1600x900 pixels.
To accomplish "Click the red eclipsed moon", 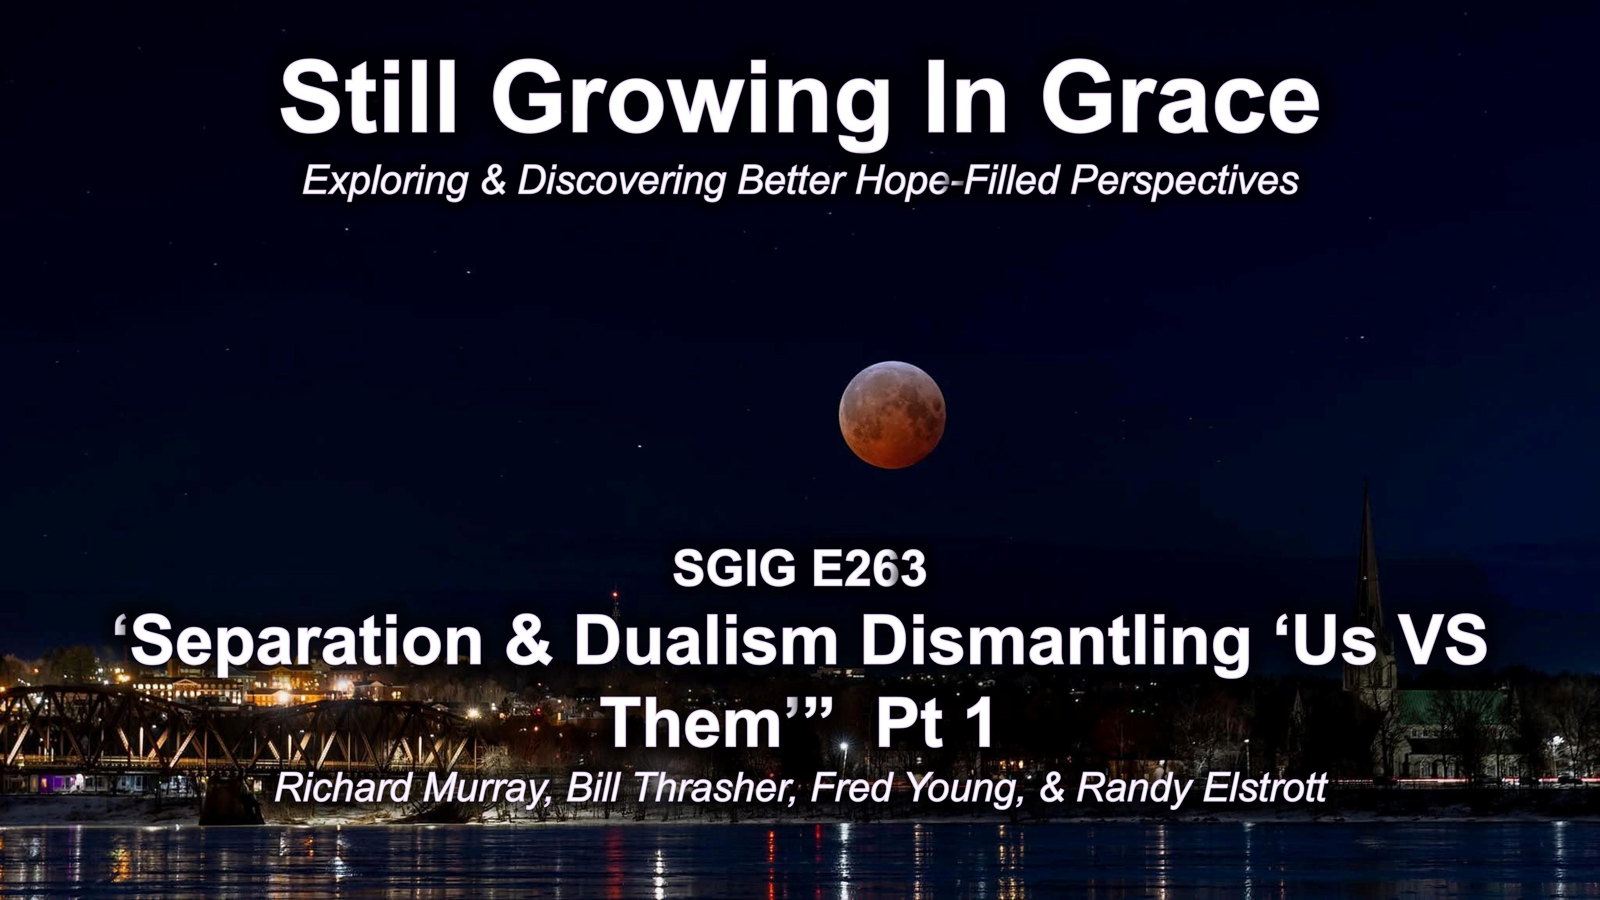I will click(892, 414).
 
